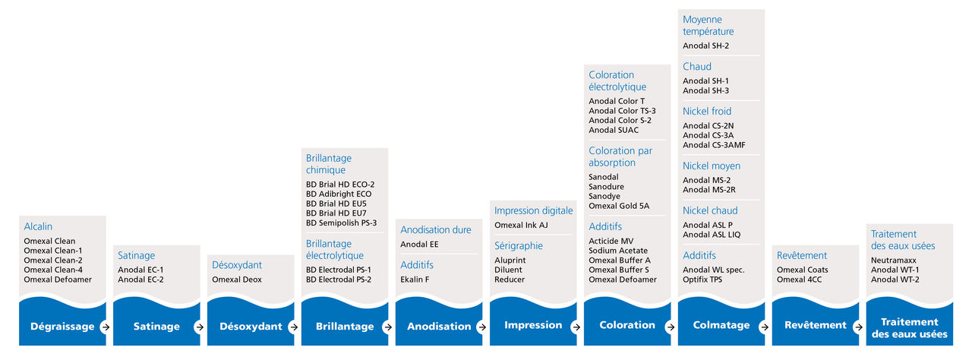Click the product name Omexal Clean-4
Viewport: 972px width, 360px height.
53,270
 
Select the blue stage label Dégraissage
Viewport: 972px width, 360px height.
62,327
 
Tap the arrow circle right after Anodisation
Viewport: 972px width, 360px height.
481,327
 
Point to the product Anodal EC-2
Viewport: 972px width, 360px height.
140,279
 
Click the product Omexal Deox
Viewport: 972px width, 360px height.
237,279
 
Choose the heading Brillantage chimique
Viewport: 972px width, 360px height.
329,164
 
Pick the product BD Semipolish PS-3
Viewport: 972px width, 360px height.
341,223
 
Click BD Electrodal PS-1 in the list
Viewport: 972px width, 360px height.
339,270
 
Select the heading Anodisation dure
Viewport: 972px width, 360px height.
436,230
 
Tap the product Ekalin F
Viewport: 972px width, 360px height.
415,279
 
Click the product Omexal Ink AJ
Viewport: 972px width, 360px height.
521,225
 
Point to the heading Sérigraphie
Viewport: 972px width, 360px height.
519,246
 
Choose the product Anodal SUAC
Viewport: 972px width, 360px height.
614,130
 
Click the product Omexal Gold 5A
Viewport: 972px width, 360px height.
619,206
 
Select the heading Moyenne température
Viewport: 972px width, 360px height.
708,25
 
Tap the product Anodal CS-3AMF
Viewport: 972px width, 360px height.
714,145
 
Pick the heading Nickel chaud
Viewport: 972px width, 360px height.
710,211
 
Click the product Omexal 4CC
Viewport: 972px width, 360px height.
799,279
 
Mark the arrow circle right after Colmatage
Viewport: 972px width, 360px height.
764,327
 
